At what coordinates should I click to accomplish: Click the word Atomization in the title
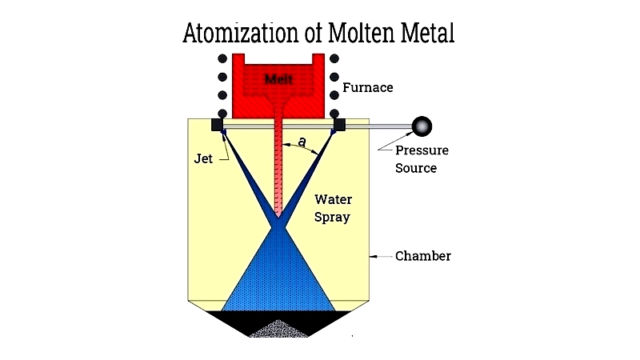[x=241, y=33]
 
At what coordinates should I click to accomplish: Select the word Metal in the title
[x=427, y=33]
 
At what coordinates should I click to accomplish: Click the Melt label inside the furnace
[x=278, y=79]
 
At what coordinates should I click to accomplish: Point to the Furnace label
[x=368, y=87]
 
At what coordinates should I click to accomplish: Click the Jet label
[x=203, y=158]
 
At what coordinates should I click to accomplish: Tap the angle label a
[x=302, y=142]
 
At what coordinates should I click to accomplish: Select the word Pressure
[x=422, y=150]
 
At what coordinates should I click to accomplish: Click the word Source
[x=416, y=168]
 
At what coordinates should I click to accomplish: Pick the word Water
[x=333, y=199]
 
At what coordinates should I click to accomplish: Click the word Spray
[x=332, y=218]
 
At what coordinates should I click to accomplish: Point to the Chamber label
[x=423, y=256]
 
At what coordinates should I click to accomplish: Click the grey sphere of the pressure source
[x=422, y=126]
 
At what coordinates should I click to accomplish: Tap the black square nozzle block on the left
[x=217, y=125]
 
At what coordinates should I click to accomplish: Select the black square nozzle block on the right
[x=339, y=125]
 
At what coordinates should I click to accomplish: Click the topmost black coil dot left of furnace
[x=222, y=58]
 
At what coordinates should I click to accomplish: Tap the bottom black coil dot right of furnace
[x=334, y=113]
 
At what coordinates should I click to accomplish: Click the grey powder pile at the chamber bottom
[x=278, y=329]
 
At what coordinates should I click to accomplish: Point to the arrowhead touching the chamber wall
[x=373, y=257]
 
